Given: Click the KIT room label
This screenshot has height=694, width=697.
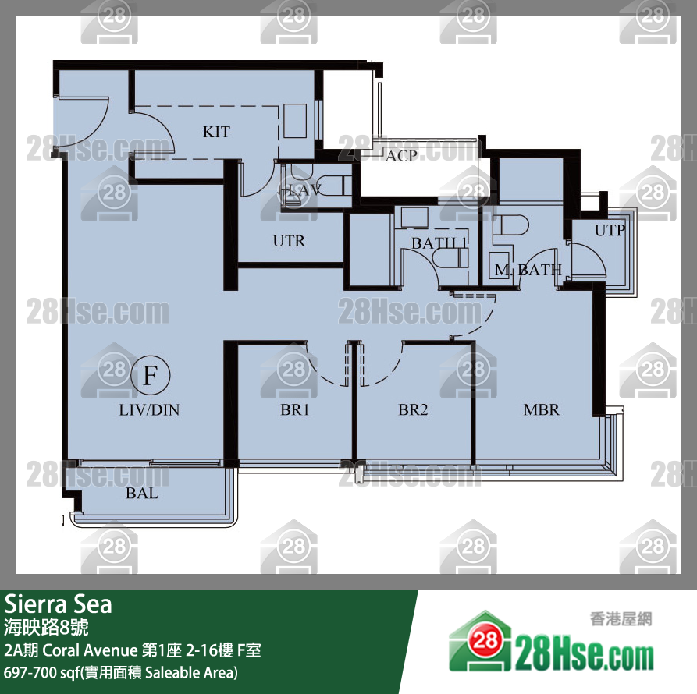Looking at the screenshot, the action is click(x=216, y=132).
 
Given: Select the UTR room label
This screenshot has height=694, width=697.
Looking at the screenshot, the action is click(x=289, y=241).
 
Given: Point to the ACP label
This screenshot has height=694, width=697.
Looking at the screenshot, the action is click(x=401, y=156).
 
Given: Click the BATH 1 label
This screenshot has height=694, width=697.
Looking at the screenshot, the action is click(x=439, y=243).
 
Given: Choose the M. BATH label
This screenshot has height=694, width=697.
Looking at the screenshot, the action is click(x=528, y=270).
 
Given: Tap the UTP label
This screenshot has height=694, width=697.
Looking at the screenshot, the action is click(x=610, y=230).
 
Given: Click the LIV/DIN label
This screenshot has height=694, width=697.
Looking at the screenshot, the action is click(x=149, y=409).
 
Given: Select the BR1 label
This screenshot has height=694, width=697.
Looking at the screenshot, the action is click(x=294, y=409).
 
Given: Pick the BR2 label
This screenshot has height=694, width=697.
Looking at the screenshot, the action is click(x=413, y=409).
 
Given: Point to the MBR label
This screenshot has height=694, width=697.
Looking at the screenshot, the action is click(x=542, y=409).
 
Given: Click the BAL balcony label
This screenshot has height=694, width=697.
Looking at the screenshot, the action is click(x=142, y=493).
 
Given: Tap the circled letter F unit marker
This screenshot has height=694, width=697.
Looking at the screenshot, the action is click(x=151, y=375).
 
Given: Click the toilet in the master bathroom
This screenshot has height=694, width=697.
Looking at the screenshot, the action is click(x=510, y=225).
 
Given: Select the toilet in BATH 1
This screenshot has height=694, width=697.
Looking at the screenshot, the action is click(x=450, y=258).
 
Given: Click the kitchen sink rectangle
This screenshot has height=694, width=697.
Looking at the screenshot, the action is click(x=295, y=121).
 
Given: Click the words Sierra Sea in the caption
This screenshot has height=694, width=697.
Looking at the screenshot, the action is click(x=59, y=604).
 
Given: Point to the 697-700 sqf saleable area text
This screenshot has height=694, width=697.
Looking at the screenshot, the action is click(x=121, y=673).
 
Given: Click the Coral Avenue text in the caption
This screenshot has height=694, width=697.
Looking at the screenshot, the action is click(x=91, y=650).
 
